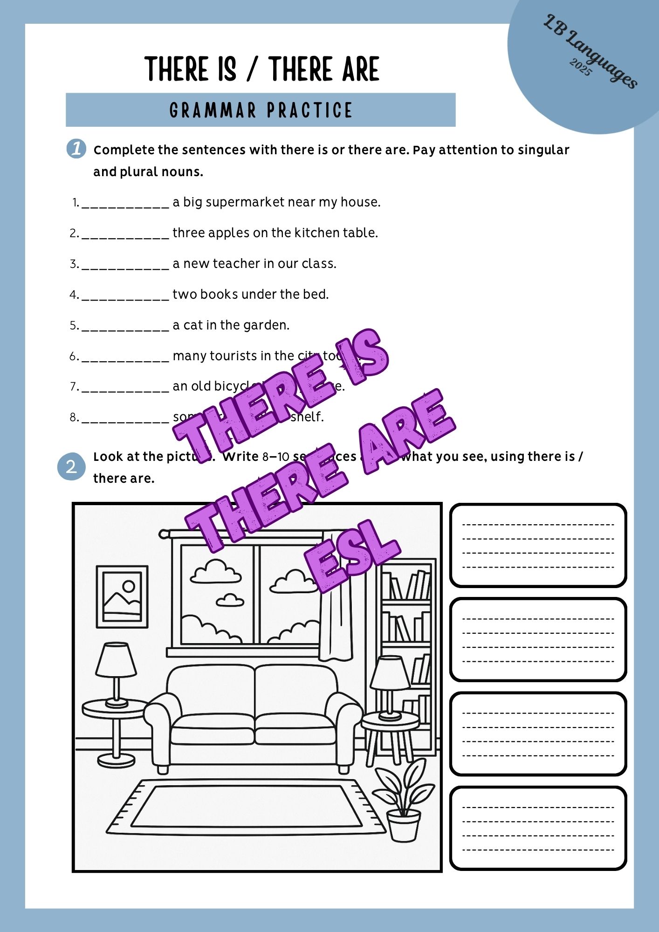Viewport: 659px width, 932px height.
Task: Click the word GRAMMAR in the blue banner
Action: (213, 110)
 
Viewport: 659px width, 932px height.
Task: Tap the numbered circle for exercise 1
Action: (76, 149)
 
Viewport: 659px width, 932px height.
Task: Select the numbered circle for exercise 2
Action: (71, 466)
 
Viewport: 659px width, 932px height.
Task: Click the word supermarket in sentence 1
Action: (245, 202)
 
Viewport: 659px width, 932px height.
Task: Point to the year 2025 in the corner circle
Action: (580, 68)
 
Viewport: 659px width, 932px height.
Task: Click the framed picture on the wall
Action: (122, 596)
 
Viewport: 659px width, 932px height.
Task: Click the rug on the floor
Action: (246, 807)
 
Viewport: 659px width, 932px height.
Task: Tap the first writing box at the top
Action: (538, 545)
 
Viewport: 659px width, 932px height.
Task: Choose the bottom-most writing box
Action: (538, 828)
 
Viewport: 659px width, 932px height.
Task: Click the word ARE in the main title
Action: (361, 70)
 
